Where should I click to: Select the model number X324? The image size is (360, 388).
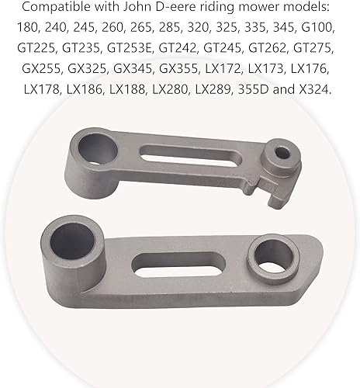tap(315, 90)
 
